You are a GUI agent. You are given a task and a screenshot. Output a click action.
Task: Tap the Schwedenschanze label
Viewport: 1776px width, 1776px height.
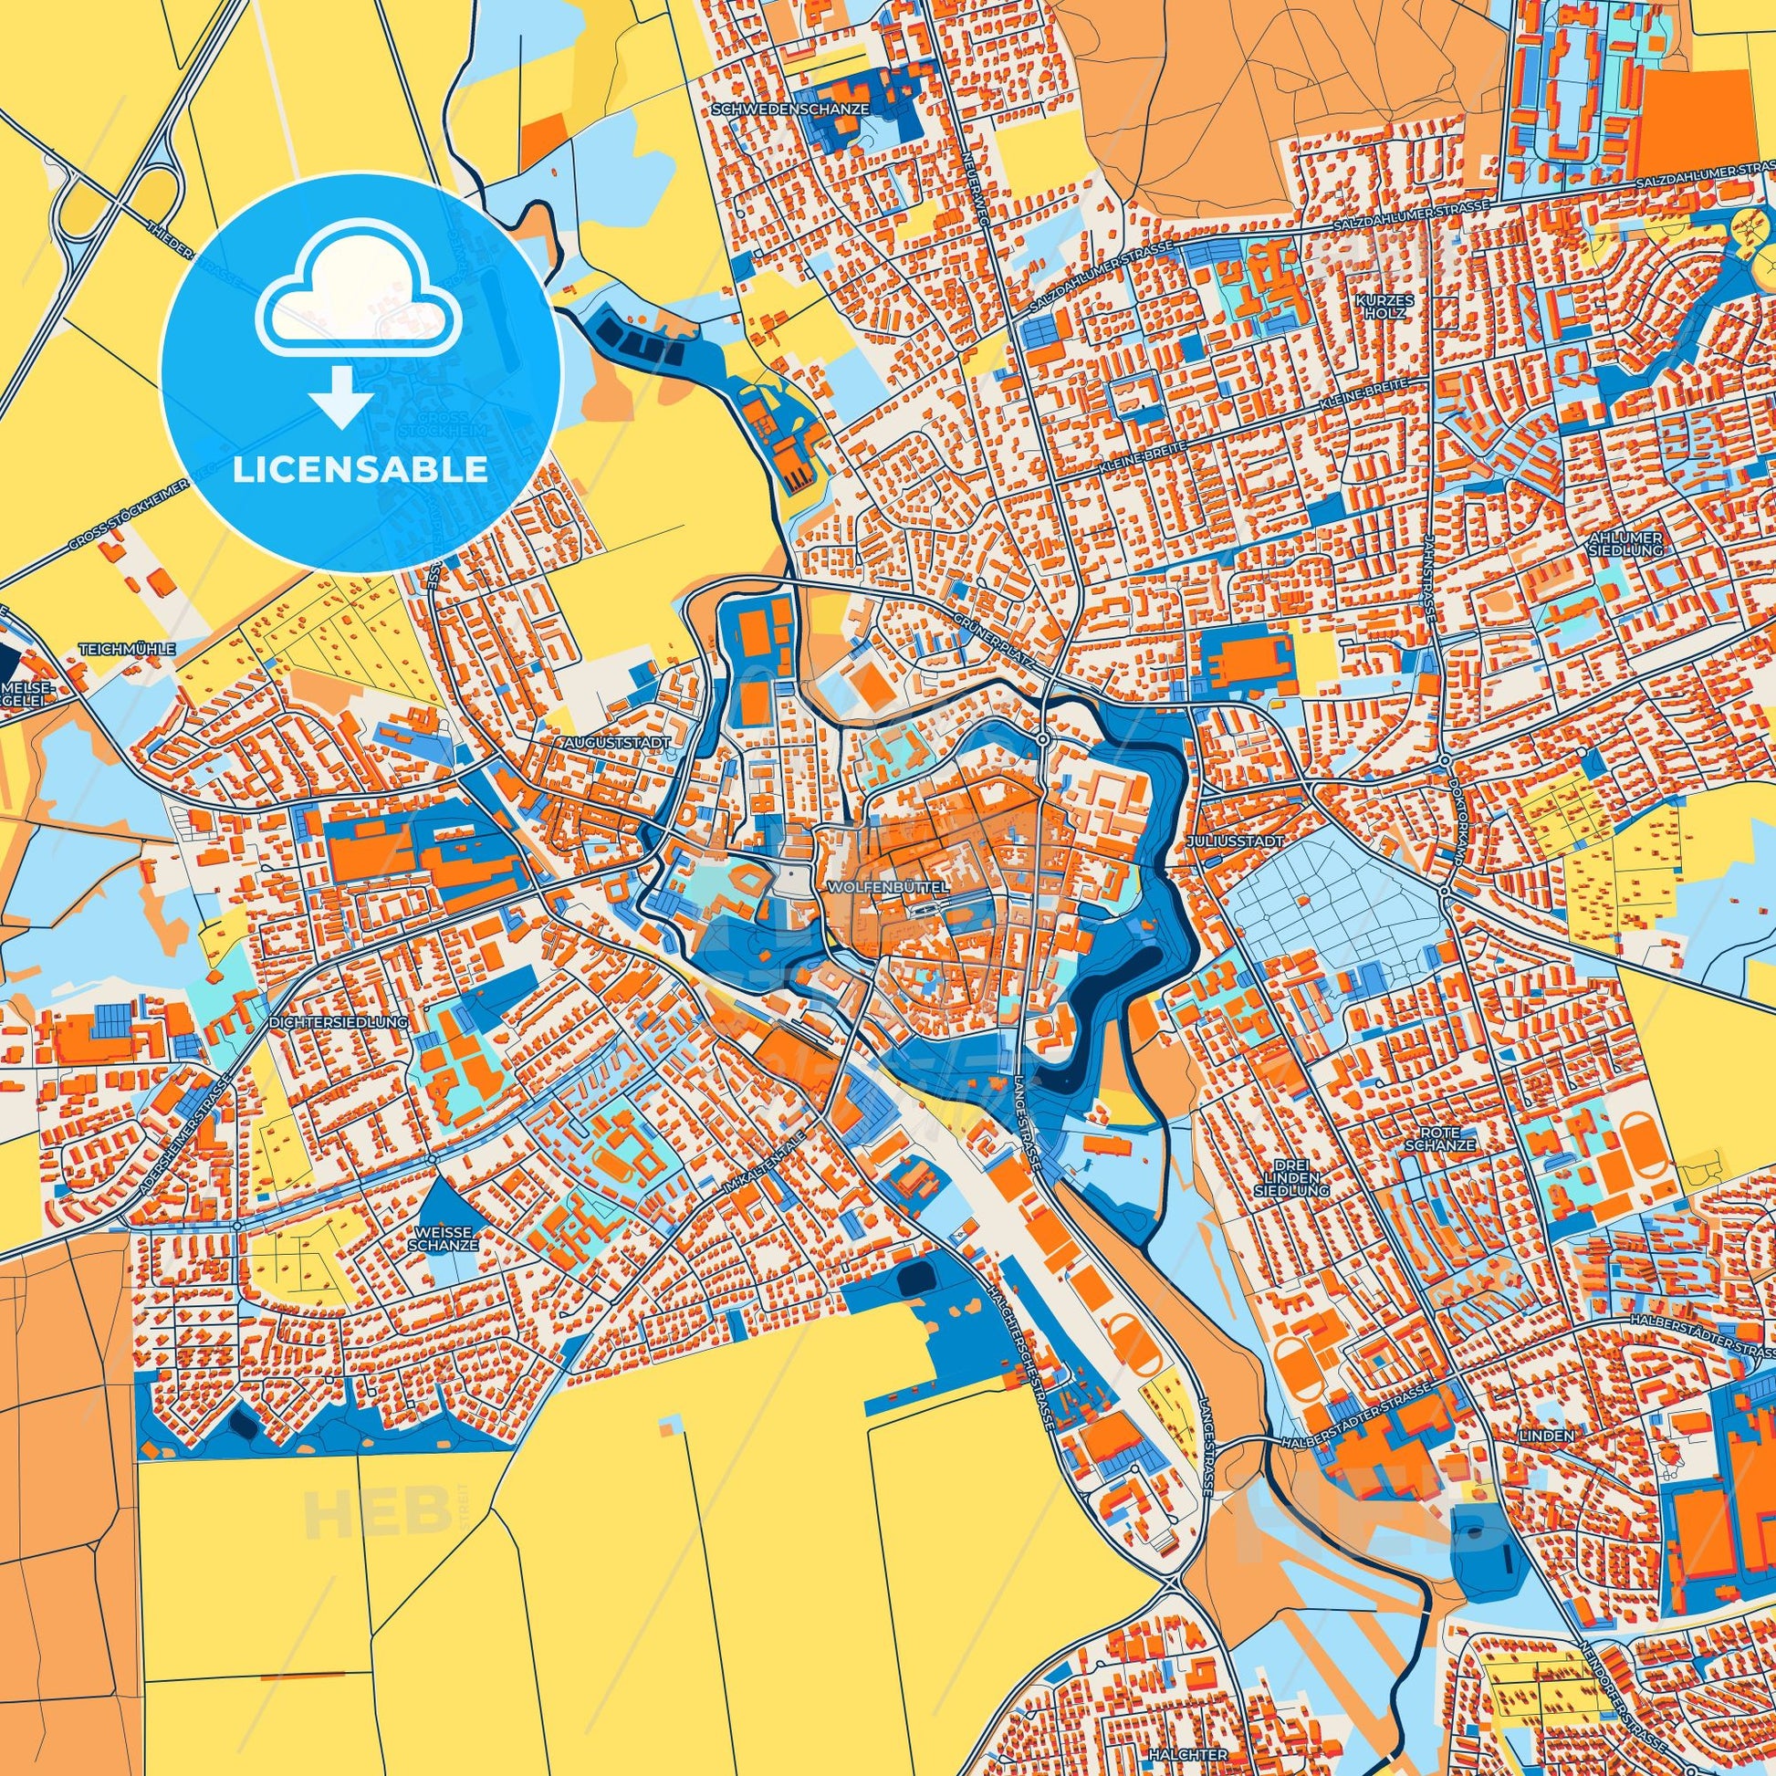click(x=790, y=108)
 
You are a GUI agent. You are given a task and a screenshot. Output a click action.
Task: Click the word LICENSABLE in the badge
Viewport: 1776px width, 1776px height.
click(x=360, y=470)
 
